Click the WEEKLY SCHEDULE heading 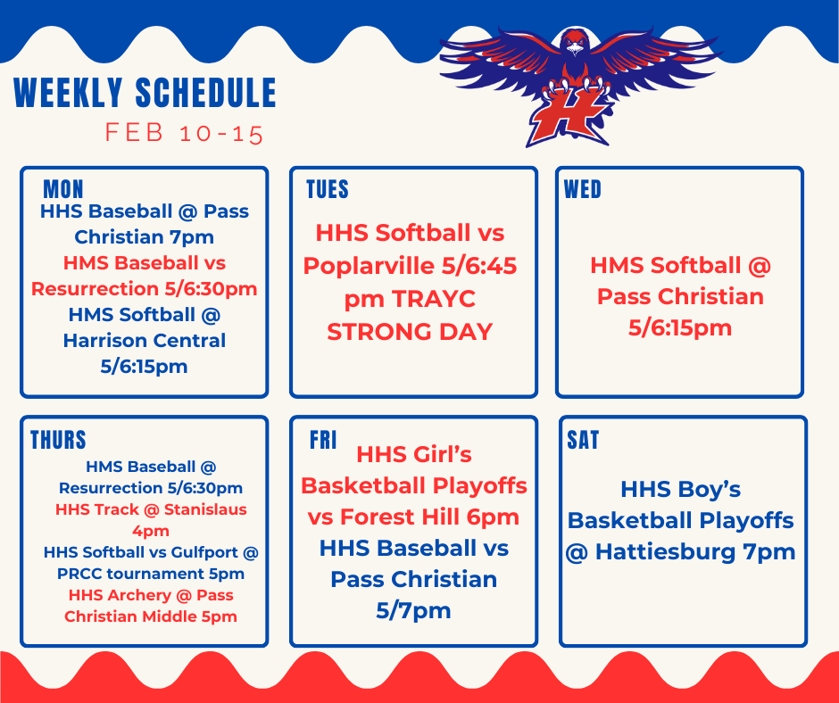coord(145,94)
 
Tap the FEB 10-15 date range coord(184,134)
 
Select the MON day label coord(63,189)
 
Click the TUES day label coord(327,189)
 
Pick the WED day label coord(583,189)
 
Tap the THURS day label coord(58,440)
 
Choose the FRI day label coord(323,440)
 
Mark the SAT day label coord(583,440)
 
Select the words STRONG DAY coord(410,332)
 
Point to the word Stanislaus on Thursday coord(198,509)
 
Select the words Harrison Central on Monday coord(144,340)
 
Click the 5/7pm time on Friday coord(413,610)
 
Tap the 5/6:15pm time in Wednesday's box coord(680,327)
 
